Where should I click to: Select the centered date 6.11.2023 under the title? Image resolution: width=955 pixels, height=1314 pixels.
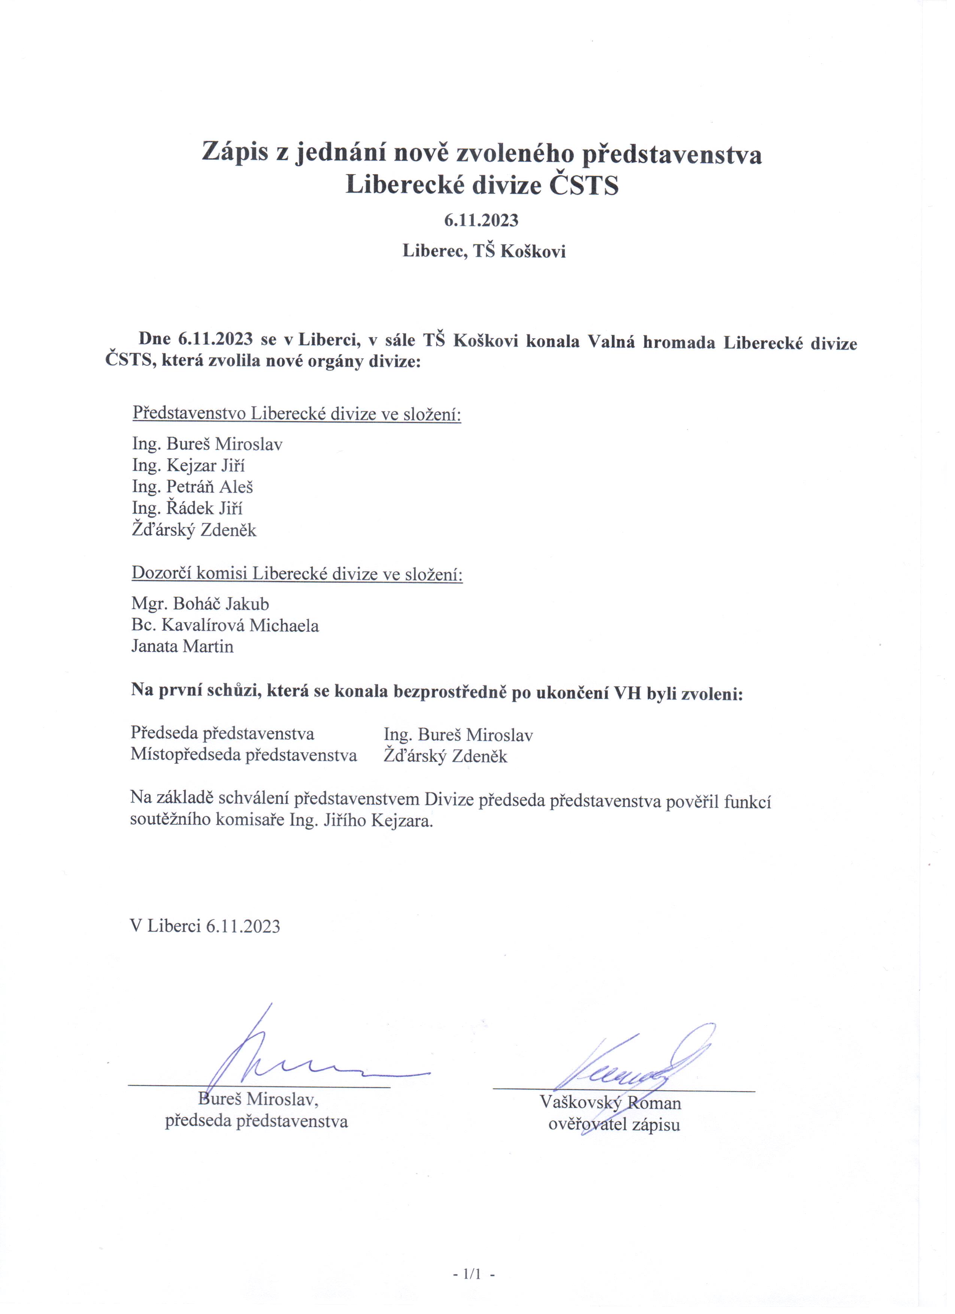(481, 221)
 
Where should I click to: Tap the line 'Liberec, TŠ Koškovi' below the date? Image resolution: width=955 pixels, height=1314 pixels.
(484, 251)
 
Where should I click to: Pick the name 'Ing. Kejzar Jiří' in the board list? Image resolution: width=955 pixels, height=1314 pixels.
(189, 466)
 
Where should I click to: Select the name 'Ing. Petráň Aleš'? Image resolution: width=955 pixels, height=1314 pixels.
(193, 487)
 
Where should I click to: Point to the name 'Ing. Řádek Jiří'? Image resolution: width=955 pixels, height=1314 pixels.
(187, 508)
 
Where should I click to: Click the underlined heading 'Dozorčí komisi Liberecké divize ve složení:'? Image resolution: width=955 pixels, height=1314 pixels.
(297, 574)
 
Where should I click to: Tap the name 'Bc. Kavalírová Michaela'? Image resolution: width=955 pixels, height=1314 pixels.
(225, 626)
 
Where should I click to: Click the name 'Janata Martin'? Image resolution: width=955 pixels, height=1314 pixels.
(182, 647)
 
